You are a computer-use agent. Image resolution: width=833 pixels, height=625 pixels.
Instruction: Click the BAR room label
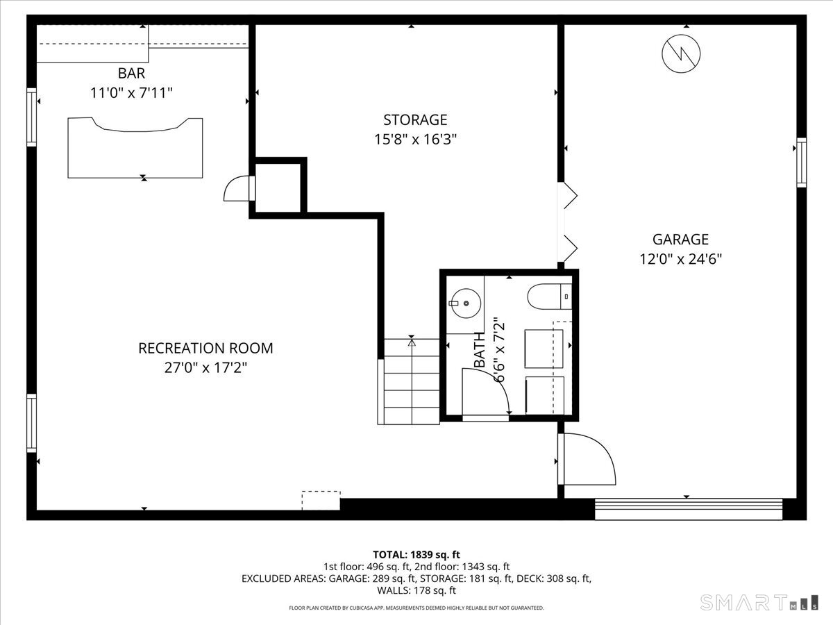click(131, 73)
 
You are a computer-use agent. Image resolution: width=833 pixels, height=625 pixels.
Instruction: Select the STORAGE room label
click(415, 120)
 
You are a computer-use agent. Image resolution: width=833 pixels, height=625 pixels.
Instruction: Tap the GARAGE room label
click(680, 240)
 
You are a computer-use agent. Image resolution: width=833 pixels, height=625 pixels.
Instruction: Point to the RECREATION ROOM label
click(205, 348)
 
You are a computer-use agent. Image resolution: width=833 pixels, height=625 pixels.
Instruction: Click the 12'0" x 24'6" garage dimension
click(680, 259)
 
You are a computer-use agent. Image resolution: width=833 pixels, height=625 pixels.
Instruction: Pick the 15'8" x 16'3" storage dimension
click(415, 140)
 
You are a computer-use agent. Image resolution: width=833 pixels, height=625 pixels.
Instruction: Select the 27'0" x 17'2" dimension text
click(205, 367)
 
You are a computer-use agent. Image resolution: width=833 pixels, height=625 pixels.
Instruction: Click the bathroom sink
click(464, 302)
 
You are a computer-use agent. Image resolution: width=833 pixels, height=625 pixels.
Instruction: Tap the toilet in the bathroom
click(548, 297)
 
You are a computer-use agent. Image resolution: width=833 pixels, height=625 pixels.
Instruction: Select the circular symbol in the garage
click(681, 53)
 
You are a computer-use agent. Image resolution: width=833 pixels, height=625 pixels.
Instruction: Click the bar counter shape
click(135, 147)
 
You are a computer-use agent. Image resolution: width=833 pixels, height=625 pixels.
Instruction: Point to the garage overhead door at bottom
click(689, 509)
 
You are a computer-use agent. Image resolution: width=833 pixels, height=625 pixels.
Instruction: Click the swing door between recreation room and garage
click(587, 460)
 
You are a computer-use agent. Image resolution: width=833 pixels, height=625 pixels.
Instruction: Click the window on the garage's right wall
click(801, 162)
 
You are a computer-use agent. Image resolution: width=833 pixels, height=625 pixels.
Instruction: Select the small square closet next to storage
click(278, 187)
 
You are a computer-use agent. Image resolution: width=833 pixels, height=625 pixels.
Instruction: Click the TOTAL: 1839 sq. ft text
click(416, 554)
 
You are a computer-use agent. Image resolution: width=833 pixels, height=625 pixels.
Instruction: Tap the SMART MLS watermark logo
click(760, 602)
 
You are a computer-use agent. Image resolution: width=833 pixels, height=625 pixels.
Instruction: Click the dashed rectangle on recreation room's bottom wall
click(321, 500)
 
